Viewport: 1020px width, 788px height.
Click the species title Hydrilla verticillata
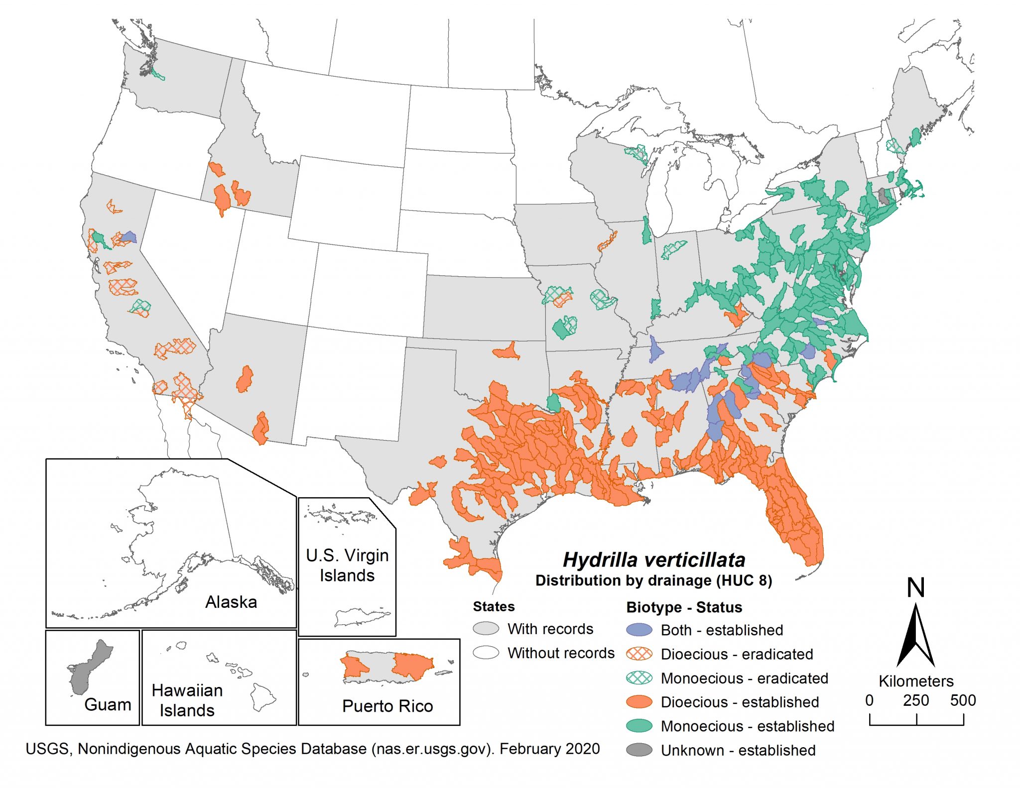tap(653, 560)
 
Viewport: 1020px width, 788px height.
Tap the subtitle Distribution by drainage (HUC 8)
tap(653, 581)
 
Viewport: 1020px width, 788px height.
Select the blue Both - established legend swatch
tap(639, 630)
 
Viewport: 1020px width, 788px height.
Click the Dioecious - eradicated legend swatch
tap(639, 654)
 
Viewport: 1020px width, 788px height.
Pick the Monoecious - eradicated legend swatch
tap(639, 678)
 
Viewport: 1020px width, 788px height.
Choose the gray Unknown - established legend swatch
tap(639, 750)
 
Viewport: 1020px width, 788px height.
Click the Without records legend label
tap(561, 653)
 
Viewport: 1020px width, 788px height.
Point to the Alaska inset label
tap(231, 602)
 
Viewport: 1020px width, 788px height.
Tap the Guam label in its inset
tap(108, 705)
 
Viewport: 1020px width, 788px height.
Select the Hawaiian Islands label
tap(187, 700)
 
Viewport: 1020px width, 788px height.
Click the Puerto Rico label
tap(387, 706)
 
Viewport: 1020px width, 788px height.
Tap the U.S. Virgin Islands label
tap(347, 565)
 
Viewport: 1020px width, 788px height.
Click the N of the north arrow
tap(915, 588)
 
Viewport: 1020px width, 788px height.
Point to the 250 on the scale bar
tap(915, 701)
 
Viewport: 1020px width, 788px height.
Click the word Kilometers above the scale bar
tap(915, 681)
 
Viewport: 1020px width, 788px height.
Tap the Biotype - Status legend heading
tap(684, 607)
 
